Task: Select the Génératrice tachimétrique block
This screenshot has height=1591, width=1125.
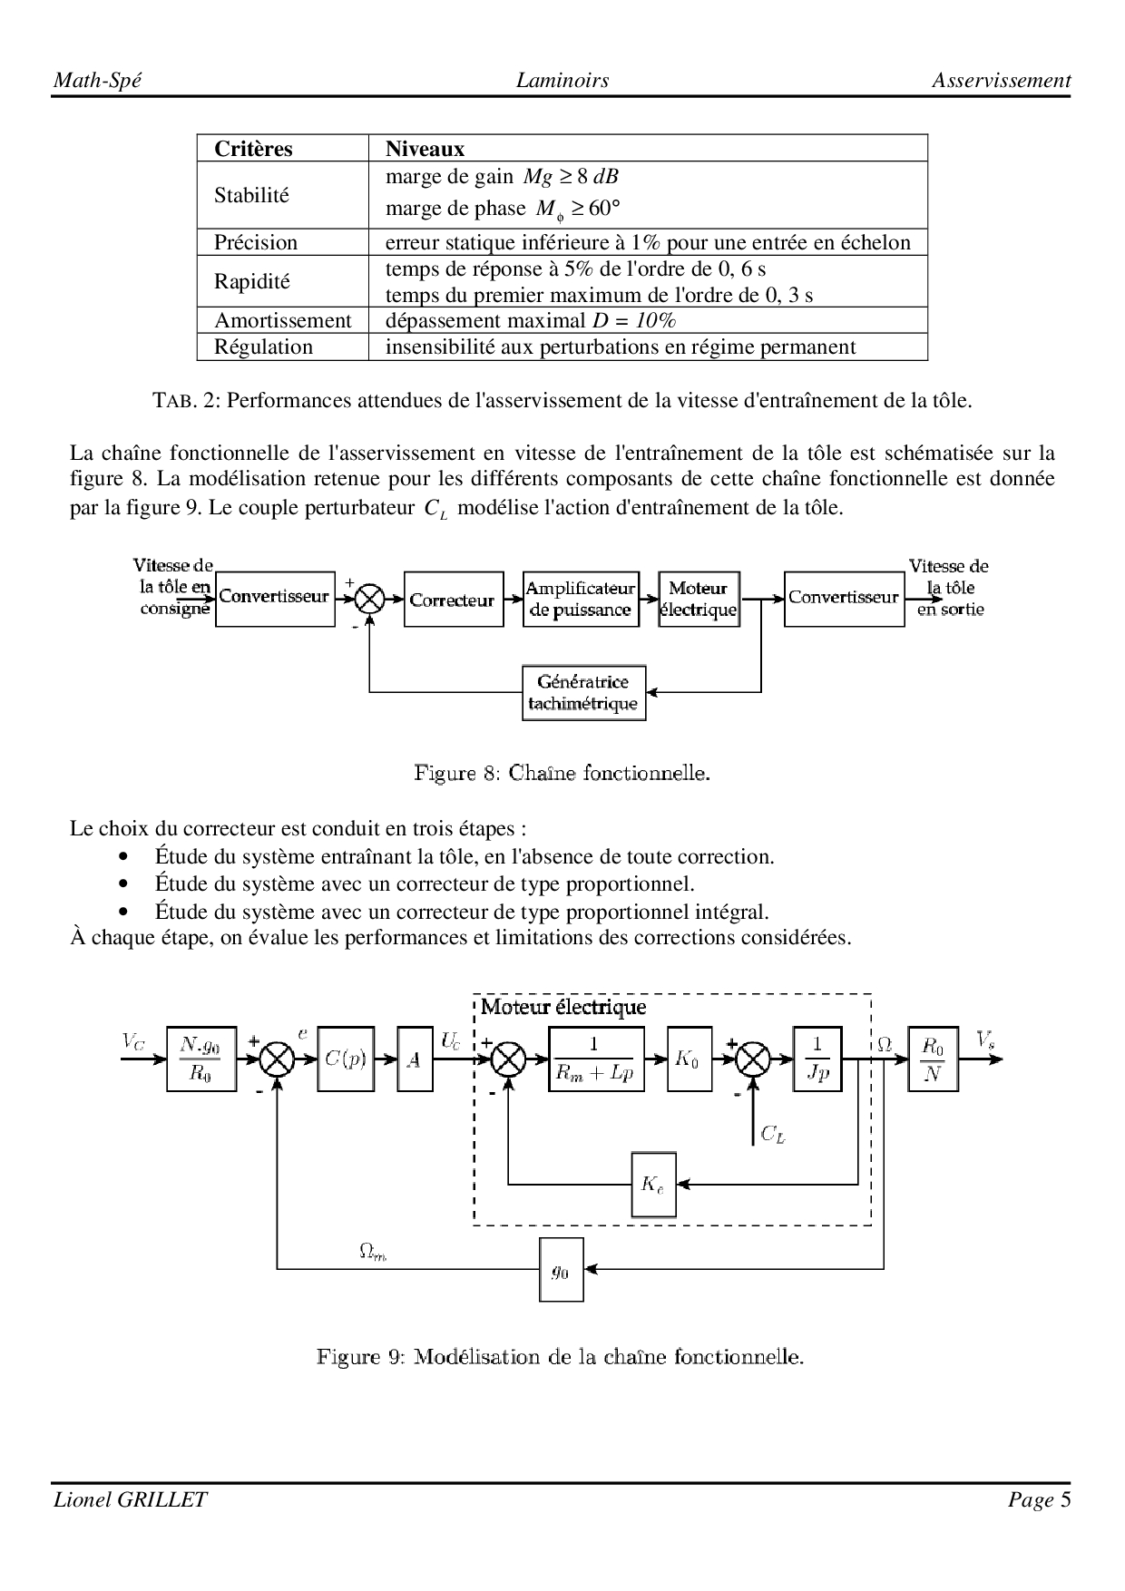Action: coord(583,693)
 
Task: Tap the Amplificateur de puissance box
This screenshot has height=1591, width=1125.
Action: coord(581,599)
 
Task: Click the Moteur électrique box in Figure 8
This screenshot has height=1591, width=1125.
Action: coord(699,599)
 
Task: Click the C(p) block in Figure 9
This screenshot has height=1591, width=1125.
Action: coord(345,1059)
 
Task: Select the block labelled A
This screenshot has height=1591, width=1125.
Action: coord(415,1059)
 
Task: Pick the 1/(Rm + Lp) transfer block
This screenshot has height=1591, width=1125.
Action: coord(596,1059)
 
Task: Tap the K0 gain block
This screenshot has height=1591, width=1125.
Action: coord(689,1059)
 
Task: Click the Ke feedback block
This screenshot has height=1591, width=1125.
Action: coord(653,1184)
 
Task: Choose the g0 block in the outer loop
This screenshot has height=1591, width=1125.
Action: coord(561,1269)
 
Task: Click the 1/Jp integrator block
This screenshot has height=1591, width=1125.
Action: coord(817,1059)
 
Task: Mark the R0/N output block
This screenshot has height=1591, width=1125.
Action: coord(933,1059)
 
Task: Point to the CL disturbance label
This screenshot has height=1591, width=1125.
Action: coord(772,1133)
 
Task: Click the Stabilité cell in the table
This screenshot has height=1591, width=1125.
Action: coord(252,195)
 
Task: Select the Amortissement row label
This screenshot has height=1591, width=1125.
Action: coord(282,320)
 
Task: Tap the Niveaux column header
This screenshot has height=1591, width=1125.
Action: coord(425,149)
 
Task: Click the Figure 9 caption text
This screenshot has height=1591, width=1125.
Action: coord(560,1357)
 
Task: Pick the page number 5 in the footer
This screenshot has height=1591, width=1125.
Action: coord(1065,1499)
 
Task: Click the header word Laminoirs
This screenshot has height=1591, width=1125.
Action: coord(562,80)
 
